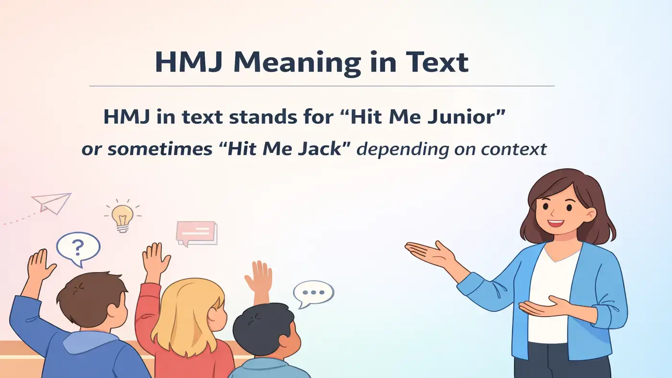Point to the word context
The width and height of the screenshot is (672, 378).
pos(514,149)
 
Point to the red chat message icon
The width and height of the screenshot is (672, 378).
pos(196,233)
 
